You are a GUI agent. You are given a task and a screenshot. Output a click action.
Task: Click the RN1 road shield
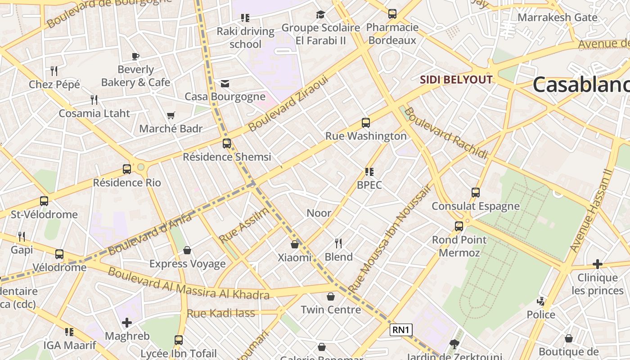[x=401, y=330]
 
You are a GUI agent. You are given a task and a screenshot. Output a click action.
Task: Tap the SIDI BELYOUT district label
[x=456, y=80]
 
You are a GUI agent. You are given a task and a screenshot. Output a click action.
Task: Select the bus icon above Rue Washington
[x=366, y=122]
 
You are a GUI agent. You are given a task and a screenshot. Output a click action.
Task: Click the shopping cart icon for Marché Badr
[x=171, y=116]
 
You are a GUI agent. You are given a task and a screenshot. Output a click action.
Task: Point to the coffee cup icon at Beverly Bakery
[x=135, y=56]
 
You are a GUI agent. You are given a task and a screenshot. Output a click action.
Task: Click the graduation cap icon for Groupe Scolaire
[x=320, y=15]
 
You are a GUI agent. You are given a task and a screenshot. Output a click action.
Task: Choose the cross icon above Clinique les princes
[x=597, y=264]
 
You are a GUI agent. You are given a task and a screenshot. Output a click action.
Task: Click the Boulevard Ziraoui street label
[x=288, y=103]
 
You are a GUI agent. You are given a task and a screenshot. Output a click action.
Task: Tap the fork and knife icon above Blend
[x=338, y=243]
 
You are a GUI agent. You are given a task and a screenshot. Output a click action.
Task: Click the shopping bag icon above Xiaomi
[x=295, y=244]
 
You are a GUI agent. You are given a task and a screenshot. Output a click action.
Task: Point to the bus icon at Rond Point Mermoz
[x=459, y=226]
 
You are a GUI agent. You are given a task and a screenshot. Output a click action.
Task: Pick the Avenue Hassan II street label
[x=591, y=211]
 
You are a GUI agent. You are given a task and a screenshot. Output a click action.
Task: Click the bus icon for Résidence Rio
[x=127, y=169]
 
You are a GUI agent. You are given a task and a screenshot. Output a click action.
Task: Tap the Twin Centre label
[x=331, y=310]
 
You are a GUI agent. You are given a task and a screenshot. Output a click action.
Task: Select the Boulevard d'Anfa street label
[x=150, y=234]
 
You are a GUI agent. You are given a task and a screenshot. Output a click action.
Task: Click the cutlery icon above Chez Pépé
[x=54, y=71]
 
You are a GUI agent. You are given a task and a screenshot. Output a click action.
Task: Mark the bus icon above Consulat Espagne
[x=476, y=193]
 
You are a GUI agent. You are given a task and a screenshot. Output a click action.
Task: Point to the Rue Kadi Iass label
[x=220, y=313]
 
